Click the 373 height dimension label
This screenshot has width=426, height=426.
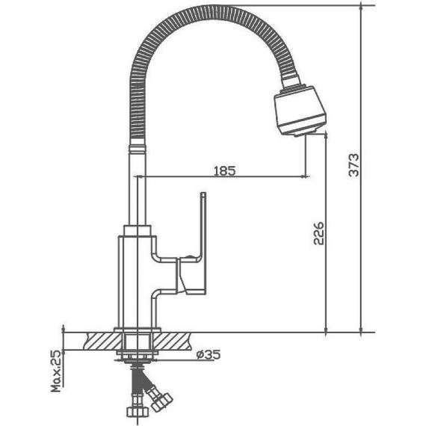(x=354, y=165)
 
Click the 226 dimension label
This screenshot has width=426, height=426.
(x=318, y=233)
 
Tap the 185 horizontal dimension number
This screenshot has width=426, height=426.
(x=225, y=171)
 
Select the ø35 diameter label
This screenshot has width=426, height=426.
(x=209, y=354)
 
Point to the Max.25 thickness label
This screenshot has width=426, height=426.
(x=57, y=371)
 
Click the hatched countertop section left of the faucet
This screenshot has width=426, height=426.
(x=102, y=341)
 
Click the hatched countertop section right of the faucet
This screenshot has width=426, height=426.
(x=171, y=341)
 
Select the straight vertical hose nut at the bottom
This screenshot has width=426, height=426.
(x=138, y=411)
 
